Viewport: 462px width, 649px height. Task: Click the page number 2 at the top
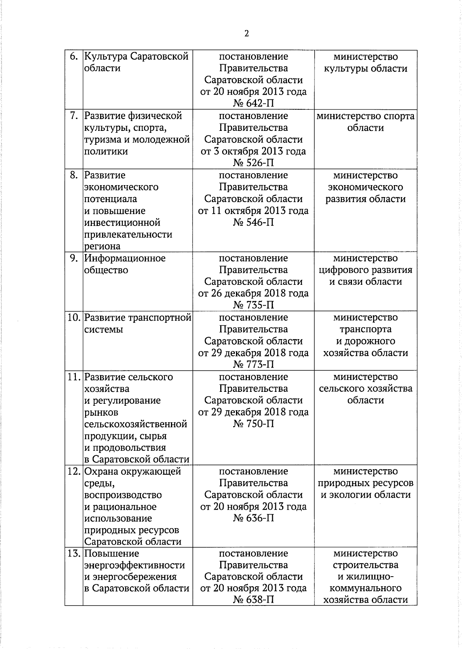[246, 33]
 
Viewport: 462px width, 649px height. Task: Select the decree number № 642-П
[253, 104]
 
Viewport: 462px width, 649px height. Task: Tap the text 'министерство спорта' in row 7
[365, 116]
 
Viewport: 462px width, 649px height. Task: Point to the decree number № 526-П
[253, 163]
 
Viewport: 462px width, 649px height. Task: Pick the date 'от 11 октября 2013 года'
[253, 211]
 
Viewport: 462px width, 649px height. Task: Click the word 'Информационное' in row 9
[125, 258]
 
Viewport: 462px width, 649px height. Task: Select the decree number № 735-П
[253, 305]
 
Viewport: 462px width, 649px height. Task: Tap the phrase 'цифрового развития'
[365, 270]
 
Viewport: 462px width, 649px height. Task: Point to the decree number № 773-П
[253, 365]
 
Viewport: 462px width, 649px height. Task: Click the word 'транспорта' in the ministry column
[365, 330]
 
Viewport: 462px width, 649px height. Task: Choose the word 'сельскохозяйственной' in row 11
[136, 424]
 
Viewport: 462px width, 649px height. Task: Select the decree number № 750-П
[253, 424]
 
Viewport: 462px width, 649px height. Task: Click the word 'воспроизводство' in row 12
[123, 495]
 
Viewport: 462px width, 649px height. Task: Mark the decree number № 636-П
[253, 518]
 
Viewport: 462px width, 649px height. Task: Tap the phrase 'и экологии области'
[365, 495]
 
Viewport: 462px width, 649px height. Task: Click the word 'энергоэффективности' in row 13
[134, 565]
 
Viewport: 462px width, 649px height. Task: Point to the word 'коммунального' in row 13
[365, 589]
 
